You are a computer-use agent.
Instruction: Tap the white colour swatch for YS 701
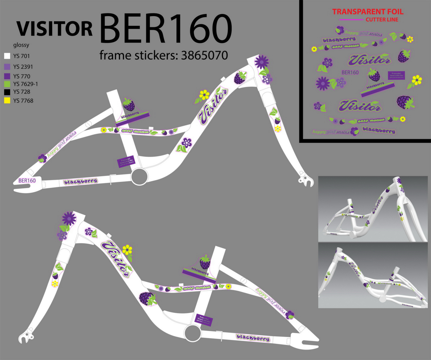[7, 56]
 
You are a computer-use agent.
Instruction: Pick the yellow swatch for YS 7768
[7, 101]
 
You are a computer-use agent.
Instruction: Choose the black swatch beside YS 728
[7, 92]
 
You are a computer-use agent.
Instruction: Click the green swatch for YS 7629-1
[7, 84]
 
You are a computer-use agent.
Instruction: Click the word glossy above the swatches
[21, 45]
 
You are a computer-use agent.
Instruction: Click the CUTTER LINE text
[381, 19]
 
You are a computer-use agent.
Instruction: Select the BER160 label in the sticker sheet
[350, 73]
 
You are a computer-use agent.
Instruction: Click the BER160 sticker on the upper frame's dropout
[27, 181]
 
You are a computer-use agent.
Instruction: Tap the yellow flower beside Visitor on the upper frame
[204, 95]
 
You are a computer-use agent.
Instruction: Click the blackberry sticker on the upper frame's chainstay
[80, 181]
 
